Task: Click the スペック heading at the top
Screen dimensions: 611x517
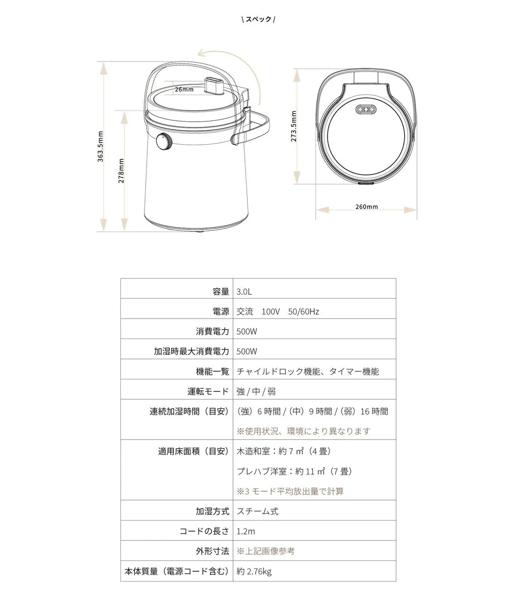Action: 258,19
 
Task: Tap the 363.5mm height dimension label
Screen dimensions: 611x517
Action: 101,147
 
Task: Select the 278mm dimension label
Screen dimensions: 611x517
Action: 121,171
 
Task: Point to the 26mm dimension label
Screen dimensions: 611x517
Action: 184,90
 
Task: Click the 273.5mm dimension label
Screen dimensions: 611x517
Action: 294,126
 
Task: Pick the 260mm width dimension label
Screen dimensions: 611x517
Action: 366,207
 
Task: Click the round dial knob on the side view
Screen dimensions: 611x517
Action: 164,142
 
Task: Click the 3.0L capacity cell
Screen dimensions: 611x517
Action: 244,292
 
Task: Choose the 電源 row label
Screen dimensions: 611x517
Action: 220,312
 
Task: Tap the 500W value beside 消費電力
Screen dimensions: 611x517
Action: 247,332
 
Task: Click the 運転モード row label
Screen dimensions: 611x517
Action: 209,391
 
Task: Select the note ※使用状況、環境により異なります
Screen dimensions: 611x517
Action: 303,431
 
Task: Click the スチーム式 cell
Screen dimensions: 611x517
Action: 258,511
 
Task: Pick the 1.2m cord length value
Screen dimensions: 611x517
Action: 246,531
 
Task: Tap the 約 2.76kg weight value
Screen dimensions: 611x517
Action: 254,572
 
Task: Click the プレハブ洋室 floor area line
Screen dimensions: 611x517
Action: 294,472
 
